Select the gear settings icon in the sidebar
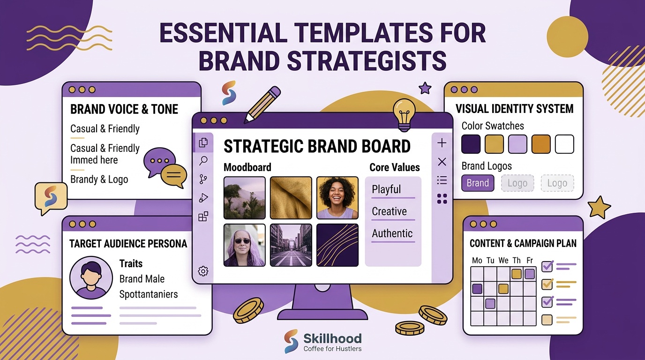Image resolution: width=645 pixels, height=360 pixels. (x=203, y=271)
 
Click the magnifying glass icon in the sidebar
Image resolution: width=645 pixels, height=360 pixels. (x=203, y=161)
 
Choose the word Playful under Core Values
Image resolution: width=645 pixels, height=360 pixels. (x=386, y=189)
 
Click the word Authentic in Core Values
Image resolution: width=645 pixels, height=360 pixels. (x=392, y=233)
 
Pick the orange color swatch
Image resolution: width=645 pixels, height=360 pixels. (x=541, y=144)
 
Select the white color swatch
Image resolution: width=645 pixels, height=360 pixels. (x=564, y=144)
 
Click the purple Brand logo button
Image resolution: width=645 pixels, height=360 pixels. (x=478, y=183)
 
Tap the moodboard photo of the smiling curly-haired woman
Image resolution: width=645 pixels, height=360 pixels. (x=337, y=198)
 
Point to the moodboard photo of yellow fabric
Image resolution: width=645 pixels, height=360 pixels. (x=291, y=198)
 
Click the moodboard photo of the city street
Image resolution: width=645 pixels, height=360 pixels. (x=291, y=245)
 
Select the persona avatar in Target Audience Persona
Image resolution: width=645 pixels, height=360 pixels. (x=91, y=278)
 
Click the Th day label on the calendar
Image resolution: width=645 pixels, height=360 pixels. (x=517, y=260)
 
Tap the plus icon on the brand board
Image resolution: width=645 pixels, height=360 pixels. (x=442, y=143)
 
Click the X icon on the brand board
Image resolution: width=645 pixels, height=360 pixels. (x=442, y=162)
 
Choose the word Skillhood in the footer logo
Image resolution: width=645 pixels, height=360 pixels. (x=333, y=338)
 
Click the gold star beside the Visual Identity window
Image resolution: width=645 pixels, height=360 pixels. (x=599, y=207)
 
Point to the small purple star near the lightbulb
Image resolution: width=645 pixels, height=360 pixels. (x=425, y=88)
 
